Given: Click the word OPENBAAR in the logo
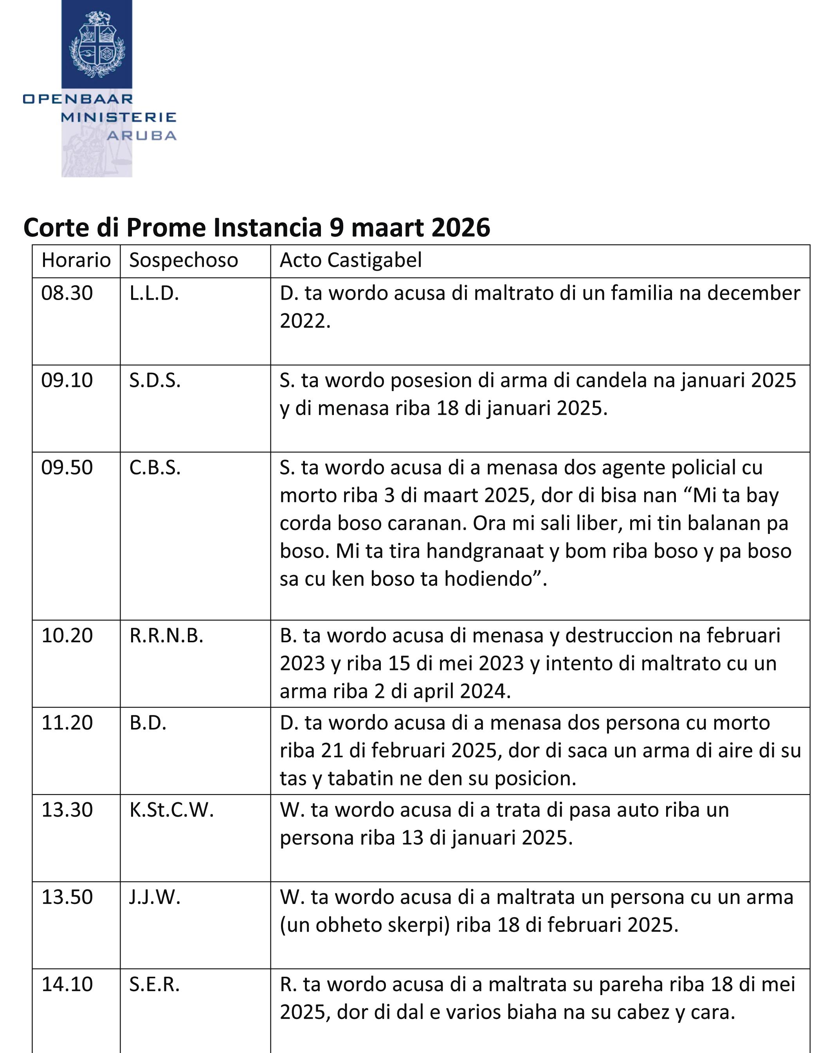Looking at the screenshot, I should tap(77, 99).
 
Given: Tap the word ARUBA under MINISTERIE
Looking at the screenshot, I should tap(142, 136).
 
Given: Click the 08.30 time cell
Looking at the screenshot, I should tap(67, 293).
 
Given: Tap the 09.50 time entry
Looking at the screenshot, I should tap(67, 467).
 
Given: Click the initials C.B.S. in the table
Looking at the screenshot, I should tap(155, 467).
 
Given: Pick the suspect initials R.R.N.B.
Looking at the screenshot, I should tap(166, 635).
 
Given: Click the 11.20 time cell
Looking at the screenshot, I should tap(67, 722).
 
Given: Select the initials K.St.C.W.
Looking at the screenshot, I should tap(171, 810).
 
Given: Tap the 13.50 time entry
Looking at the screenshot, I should tap(67, 897).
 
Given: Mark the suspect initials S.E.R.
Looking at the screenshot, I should tap(154, 984).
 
